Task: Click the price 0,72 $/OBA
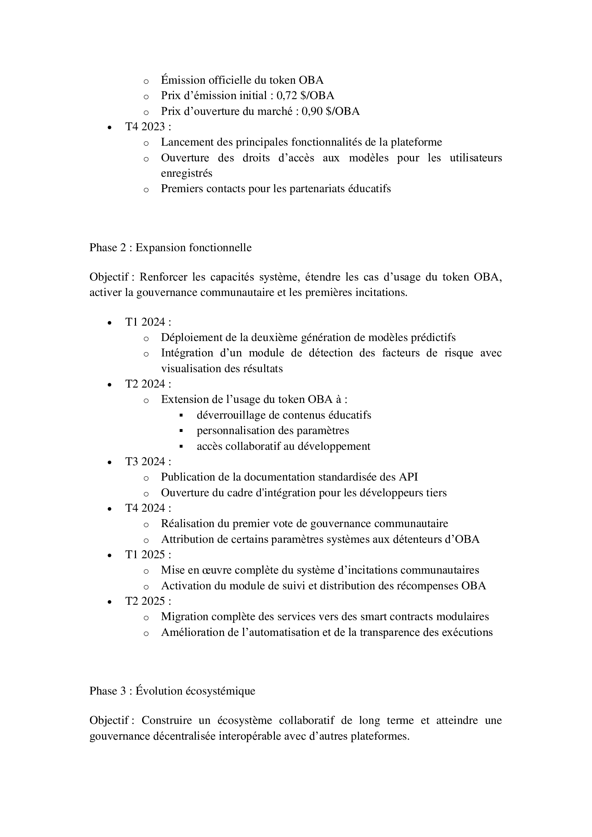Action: (x=305, y=96)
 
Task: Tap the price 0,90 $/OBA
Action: (x=330, y=111)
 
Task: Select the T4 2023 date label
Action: (x=148, y=127)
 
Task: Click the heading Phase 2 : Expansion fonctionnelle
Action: (x=170, y=248)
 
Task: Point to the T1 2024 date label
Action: (x=148, y=322)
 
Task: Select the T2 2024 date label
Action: (x=148, y=384)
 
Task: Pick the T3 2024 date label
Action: (x=148, y=462)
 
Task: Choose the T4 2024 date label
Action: (x=148, y=508)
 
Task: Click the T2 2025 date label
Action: (x=148, y=601)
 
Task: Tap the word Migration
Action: (x=184, y=617)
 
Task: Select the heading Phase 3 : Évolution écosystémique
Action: (x=172, y=691)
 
